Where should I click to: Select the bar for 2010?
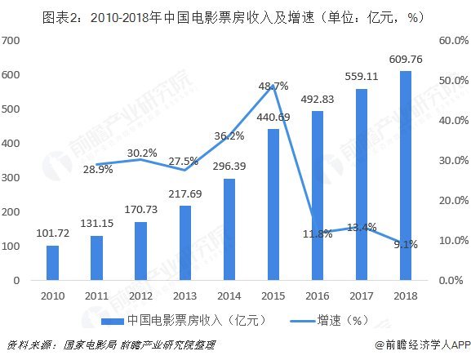click(52, 263)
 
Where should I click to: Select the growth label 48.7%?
click(273, 86)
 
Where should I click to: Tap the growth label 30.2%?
click(144, 153)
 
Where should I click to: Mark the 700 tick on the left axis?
click(11, 41)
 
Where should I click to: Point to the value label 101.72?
click(52, 233)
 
